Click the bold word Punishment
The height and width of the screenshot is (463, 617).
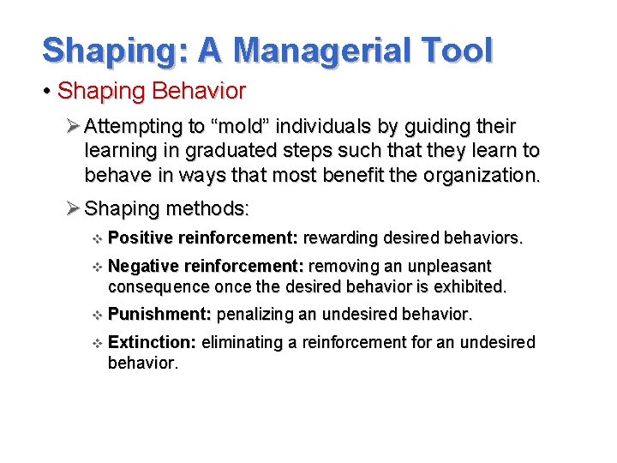[x=160, y=315]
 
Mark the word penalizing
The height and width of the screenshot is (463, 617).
[x=255, y=315]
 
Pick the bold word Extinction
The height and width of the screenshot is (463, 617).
[x=153, y=343]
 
